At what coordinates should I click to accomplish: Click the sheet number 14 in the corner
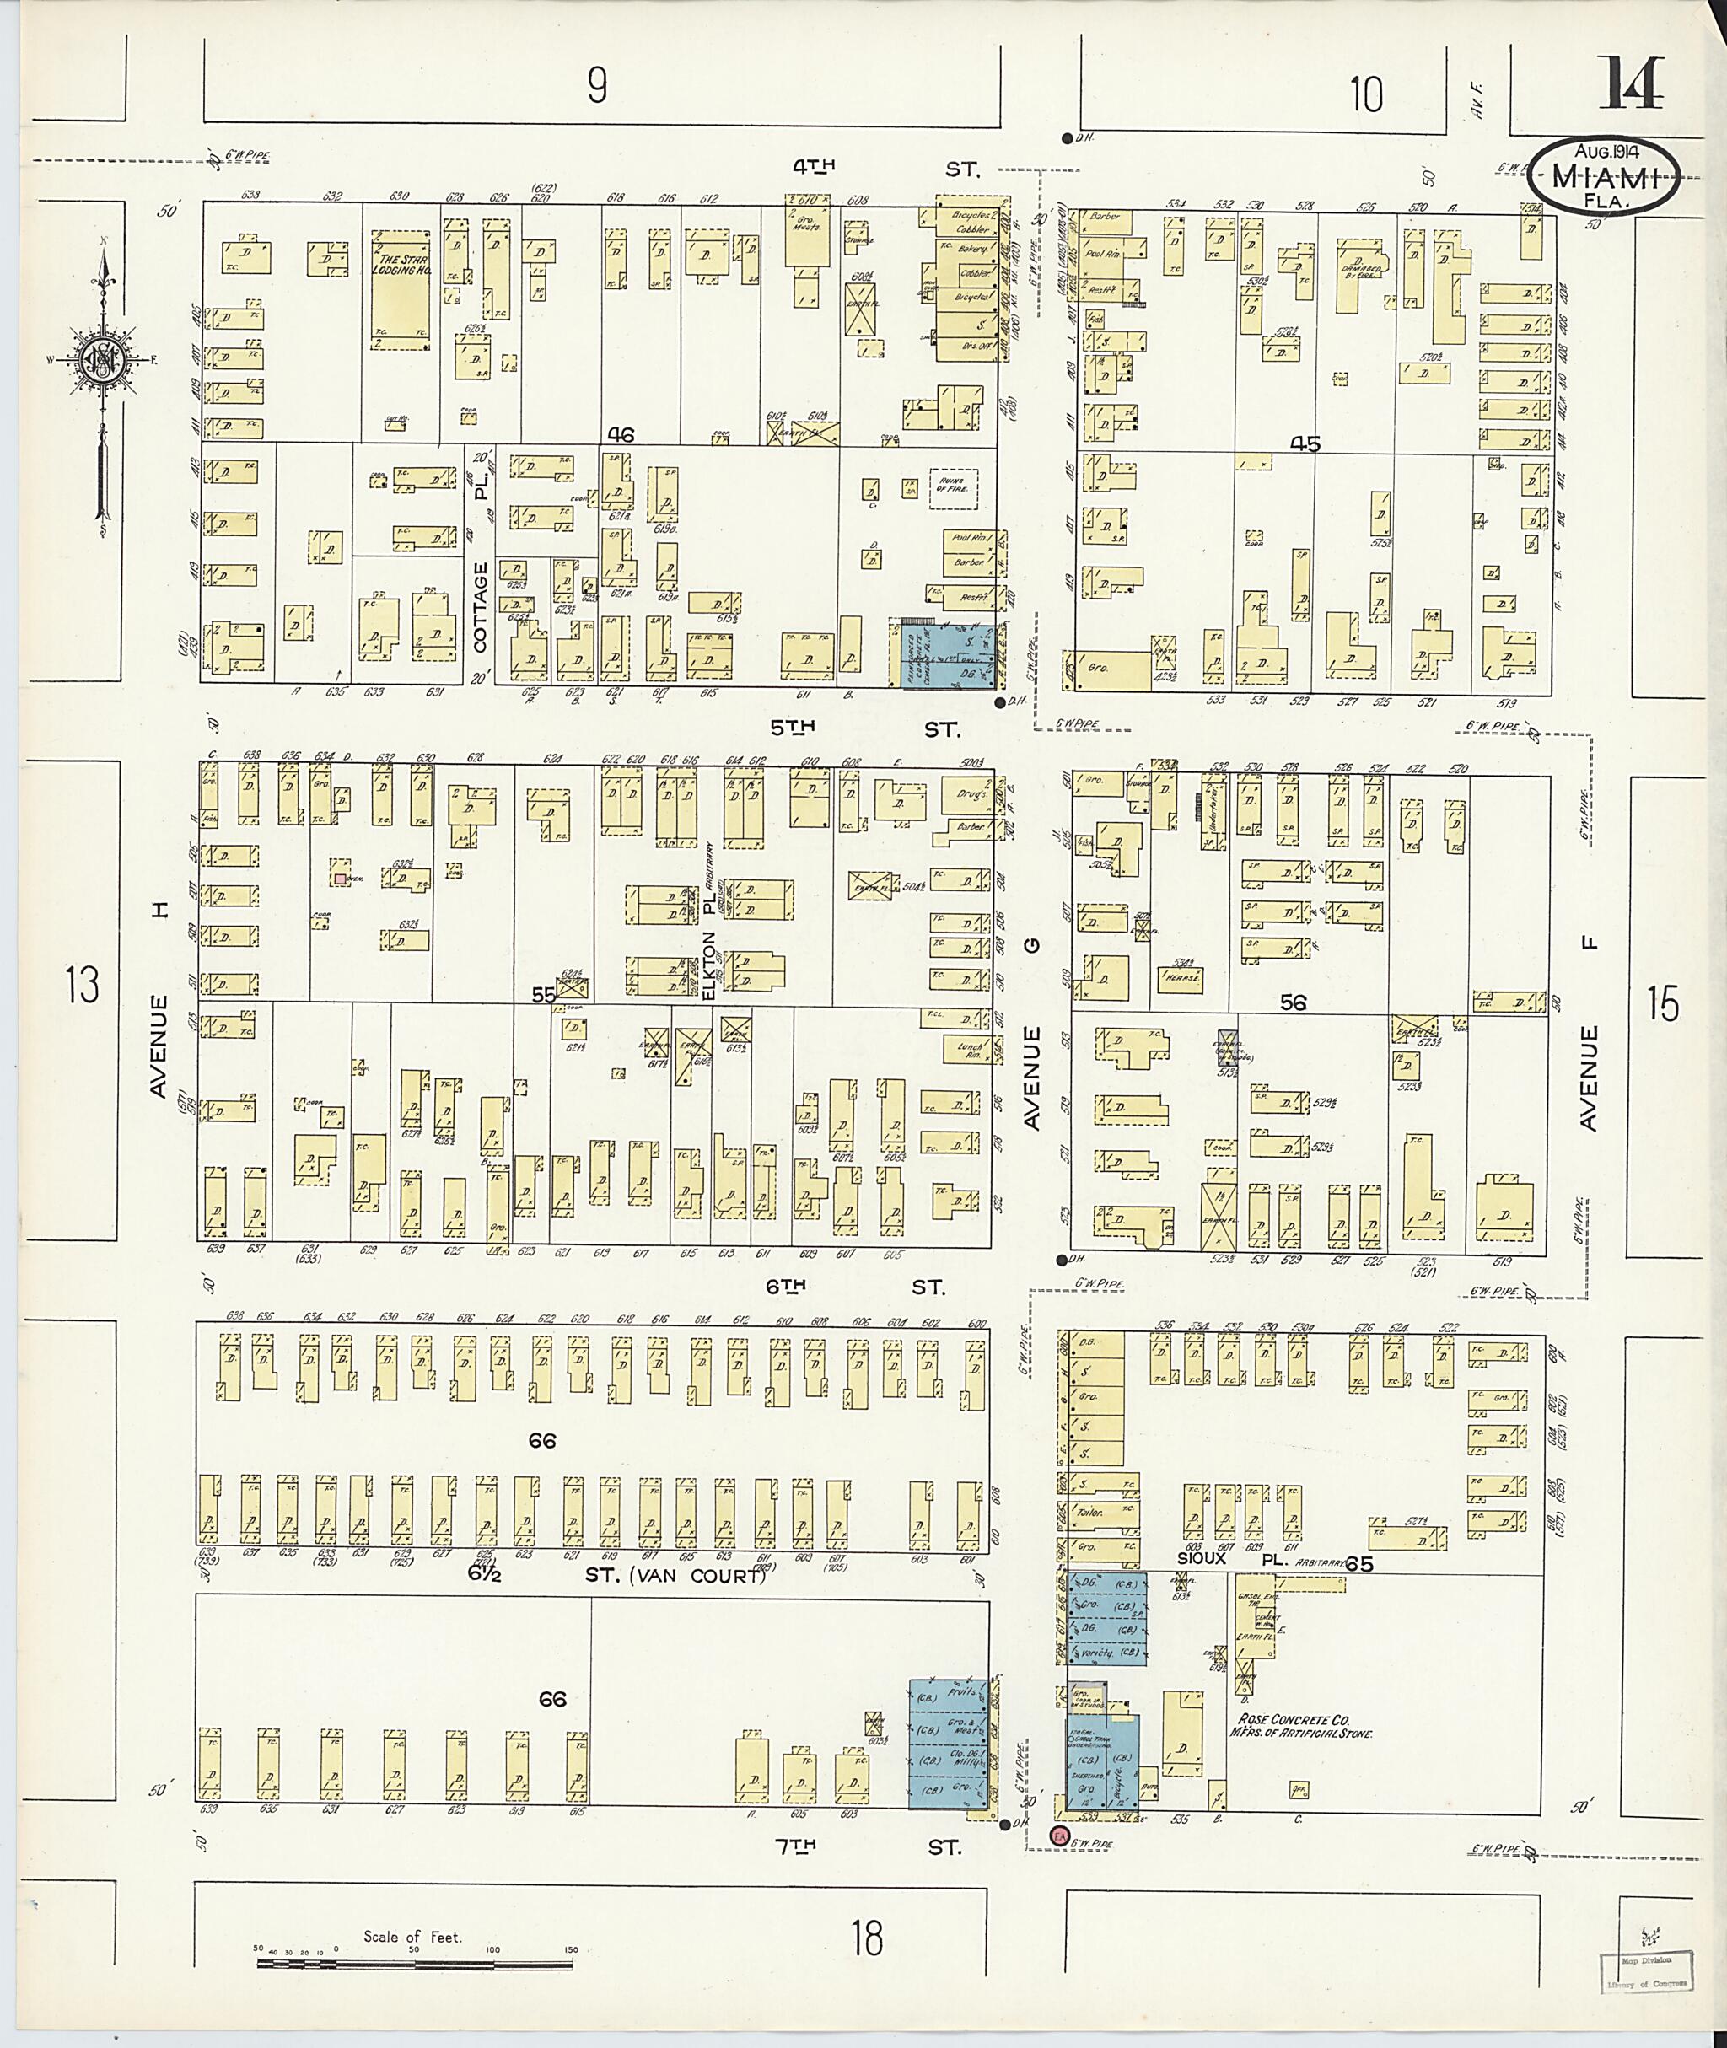[x=1631, y=84]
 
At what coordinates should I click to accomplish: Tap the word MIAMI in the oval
[x=1606, y=178]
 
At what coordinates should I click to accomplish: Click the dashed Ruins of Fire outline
[x=955, y=484]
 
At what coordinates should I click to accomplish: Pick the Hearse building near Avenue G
[x=1182, y=977]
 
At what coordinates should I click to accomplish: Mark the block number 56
[x=1293, y=1002]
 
